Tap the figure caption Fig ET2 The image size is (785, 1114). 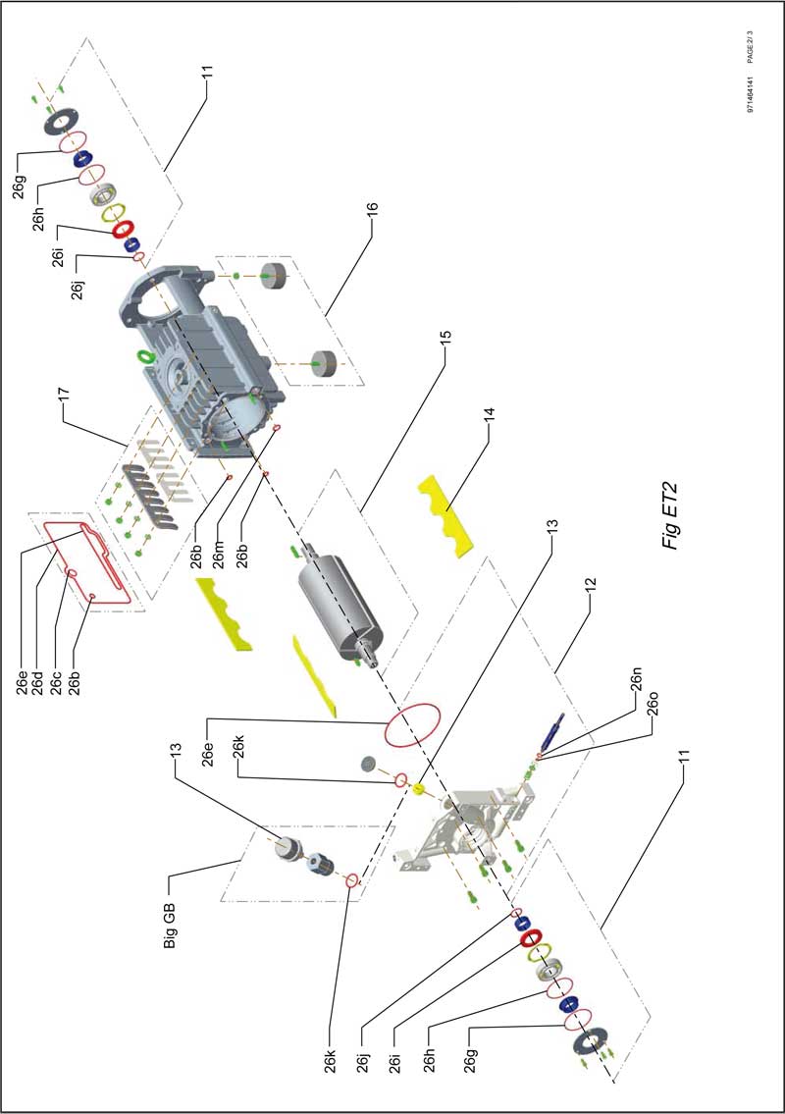point(671,515)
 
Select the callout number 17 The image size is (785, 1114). point(64,395)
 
